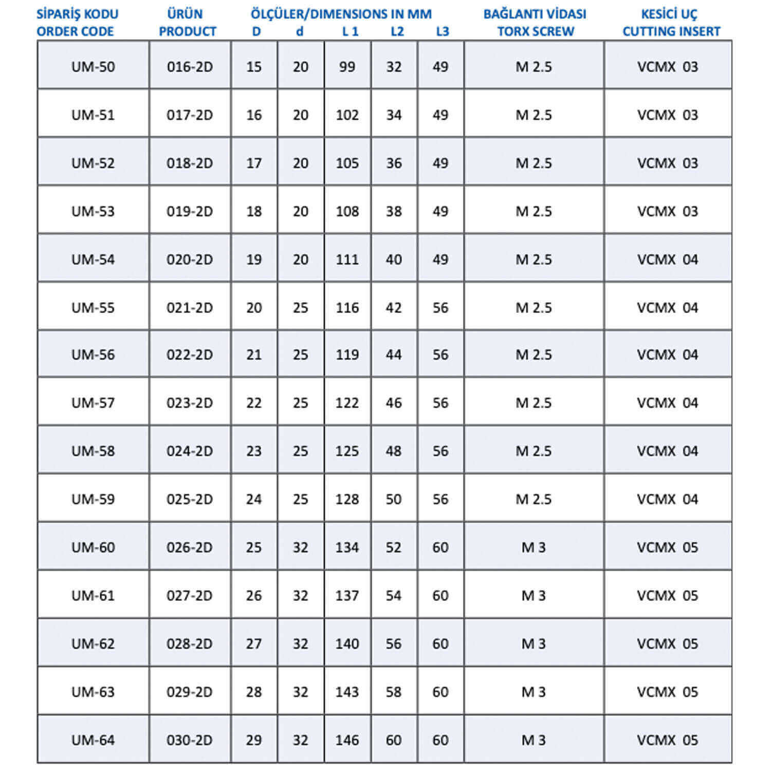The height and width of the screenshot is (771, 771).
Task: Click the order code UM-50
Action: (x=93, y=67)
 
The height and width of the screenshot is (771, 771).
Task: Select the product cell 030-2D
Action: (x=189, y=740)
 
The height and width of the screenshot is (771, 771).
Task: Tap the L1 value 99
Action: (x=347, y=67)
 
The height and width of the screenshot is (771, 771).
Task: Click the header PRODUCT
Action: (x=188, y=31)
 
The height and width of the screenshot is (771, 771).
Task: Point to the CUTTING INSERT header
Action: (x=671, y=31)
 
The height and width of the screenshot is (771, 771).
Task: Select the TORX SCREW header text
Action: (x=535, y=31)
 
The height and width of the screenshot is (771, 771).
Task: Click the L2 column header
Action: (x=397, y=31)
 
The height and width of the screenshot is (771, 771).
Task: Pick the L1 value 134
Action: (x=347, y=547)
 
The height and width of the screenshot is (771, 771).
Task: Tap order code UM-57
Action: (x=93, y=403)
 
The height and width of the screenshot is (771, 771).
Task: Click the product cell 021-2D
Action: (x=189, y=308)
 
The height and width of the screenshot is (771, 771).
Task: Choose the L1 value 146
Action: (x=347, y=740)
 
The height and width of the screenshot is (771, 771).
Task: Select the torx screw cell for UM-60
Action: (x=534, y=547)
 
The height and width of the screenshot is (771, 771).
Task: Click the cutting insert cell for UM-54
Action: (x=668, y=260)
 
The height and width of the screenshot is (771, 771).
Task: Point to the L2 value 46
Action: (x=394, y=403)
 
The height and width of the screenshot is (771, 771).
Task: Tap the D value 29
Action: (x=254, y=740)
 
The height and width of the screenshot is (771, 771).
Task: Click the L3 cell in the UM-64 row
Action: (x=440, y=740)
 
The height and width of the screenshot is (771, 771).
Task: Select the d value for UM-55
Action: (x=301, y=308)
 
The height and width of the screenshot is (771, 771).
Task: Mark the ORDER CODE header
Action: (x=75, y=31)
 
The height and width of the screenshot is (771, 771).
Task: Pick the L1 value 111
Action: (x=347, y=260)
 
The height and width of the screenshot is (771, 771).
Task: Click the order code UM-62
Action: (x=93, y=644)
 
